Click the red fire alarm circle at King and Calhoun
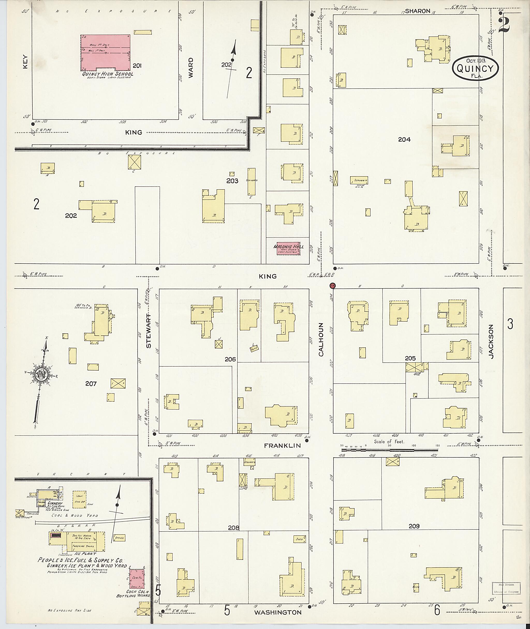point(332,286)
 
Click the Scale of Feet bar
point(389,450)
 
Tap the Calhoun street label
point(321,340)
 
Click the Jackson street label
point(491,341)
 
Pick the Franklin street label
point(282,446)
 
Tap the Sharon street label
point(418,11)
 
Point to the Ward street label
point(190,68)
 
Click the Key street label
point(25,61)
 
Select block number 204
point(404,140)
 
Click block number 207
point(91,383)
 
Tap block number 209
point(414,526)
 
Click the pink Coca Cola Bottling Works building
point(137,579)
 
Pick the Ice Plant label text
point(85,554)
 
